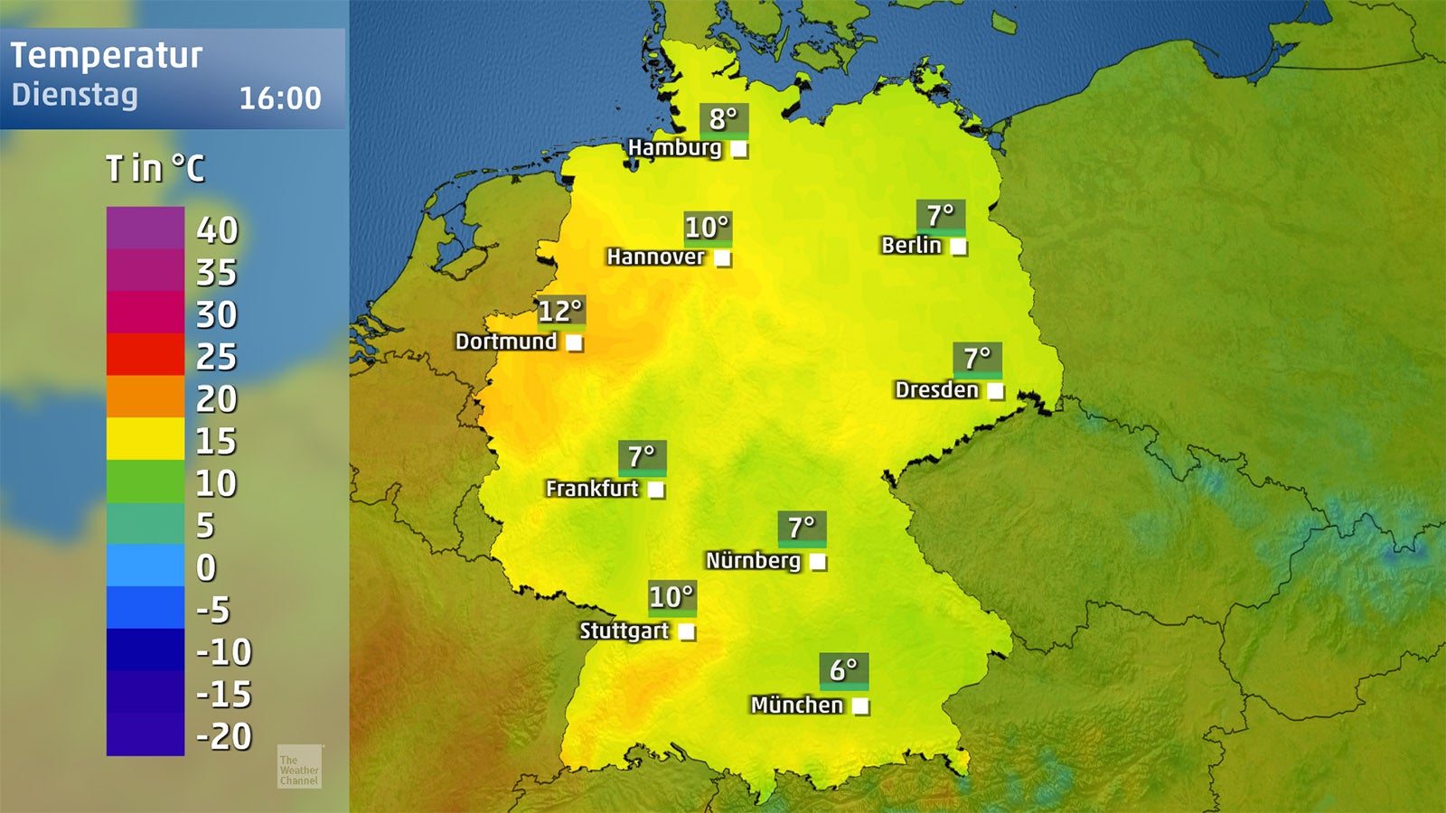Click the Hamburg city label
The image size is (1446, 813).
674,147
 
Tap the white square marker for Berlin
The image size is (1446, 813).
958,246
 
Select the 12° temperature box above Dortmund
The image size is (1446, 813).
560,312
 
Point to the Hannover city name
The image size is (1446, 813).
655,257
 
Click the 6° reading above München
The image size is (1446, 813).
844,670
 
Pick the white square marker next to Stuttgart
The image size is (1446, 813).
687,631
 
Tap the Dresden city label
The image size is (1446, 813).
936,390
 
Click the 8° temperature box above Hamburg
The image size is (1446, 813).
724,119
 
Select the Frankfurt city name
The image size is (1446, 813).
592,489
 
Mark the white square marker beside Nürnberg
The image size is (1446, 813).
818,562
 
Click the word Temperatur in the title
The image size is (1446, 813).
107,56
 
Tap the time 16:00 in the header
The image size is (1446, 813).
280,98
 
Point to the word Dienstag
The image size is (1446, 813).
75,95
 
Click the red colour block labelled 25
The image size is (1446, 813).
146,354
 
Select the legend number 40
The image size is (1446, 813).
217,230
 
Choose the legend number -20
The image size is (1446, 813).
224,736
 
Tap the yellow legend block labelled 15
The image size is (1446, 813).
146,439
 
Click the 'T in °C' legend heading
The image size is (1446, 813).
155,168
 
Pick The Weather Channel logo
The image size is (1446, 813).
299,767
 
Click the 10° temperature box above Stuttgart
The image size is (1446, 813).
671,597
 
